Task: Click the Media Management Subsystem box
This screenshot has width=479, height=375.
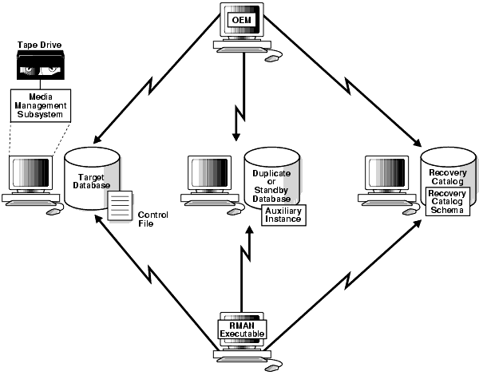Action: pos(39,104)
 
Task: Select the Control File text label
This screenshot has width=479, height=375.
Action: pos(151,219)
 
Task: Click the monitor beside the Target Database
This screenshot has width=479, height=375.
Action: pos(33,176)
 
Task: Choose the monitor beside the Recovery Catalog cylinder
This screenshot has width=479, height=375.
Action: pos(389,176)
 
